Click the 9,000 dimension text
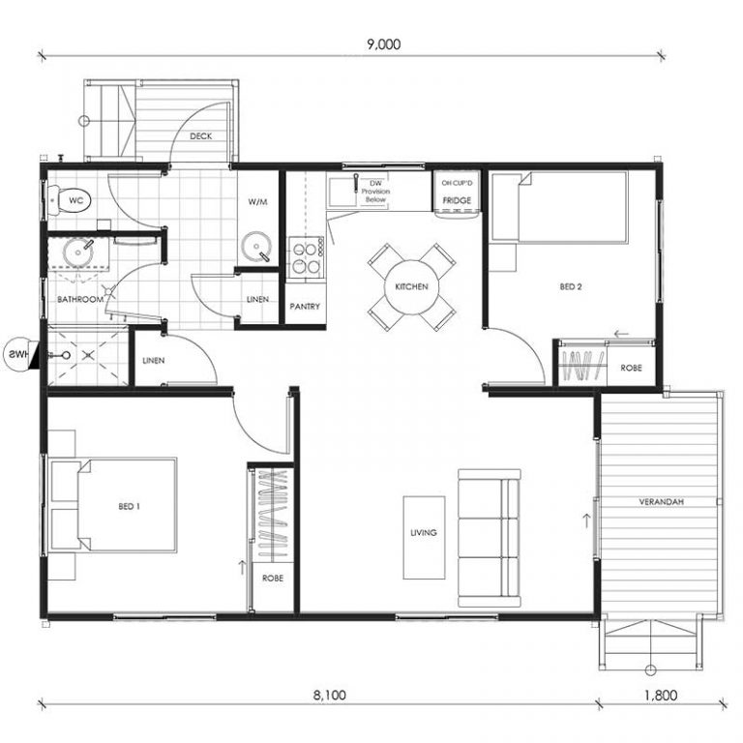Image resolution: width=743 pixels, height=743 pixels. [384, 45]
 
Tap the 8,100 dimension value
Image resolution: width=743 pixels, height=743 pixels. [329, 696]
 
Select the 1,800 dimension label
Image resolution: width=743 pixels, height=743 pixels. [661, 696]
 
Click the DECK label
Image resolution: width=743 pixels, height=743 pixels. [201, 136]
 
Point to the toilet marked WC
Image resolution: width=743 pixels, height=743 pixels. [70, 201]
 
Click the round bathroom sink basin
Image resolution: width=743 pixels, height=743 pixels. [78, 253]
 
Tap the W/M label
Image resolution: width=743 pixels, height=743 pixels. [257, 202]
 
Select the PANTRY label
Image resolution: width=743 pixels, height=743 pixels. [305, 307]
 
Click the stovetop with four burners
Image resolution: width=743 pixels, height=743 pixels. [306, 258]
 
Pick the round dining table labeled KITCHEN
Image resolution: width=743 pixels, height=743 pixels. [412, 287]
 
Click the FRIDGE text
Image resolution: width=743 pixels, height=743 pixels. [457, 200]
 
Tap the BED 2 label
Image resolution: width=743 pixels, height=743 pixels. [571, 286]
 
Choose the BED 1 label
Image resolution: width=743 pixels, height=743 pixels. [129, 507]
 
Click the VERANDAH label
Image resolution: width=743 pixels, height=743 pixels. [661, 502]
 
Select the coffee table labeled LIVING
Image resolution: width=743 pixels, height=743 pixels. [424, 538]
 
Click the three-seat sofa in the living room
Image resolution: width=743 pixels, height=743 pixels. [490, 538]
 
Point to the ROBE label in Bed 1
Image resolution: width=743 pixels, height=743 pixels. [273, 579]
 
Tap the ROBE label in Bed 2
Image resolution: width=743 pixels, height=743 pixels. [631, 368]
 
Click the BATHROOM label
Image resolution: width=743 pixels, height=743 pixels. [80, 300]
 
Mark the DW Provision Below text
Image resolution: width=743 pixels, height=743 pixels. [375, 192]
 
